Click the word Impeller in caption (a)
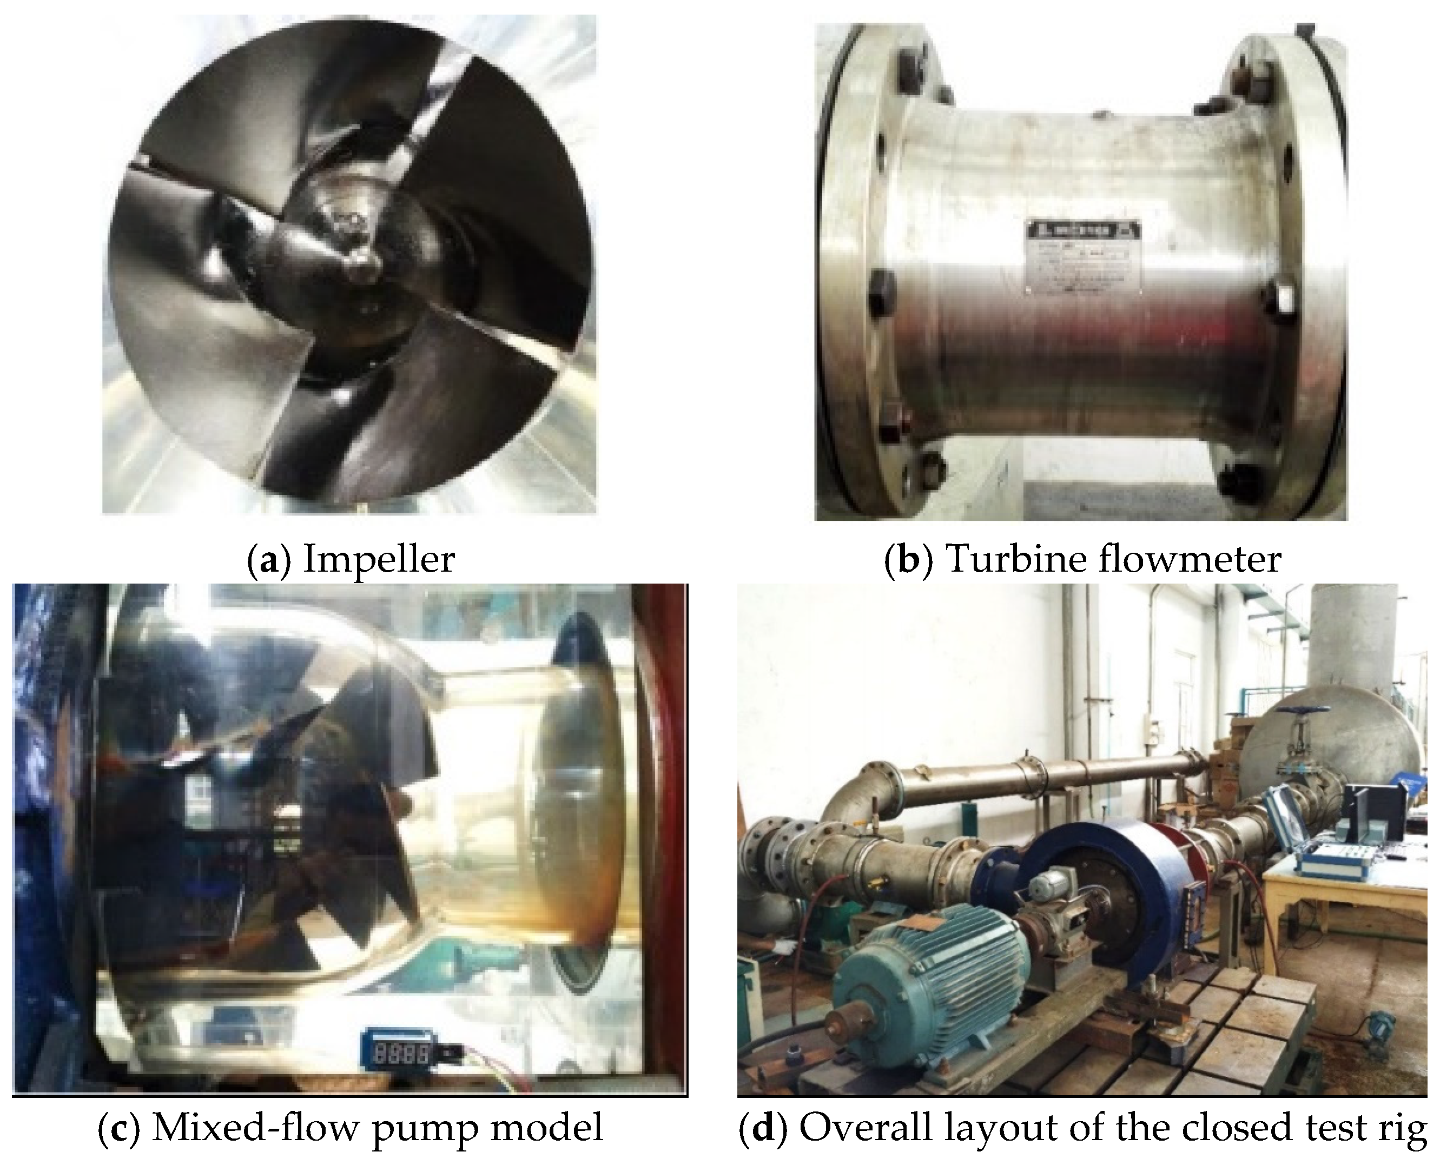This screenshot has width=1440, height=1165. click(x=379, y=559)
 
